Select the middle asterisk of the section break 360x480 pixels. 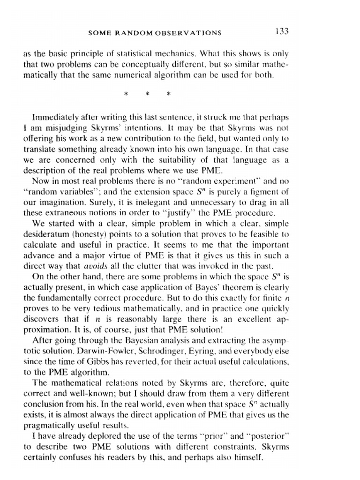click(147, 94)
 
